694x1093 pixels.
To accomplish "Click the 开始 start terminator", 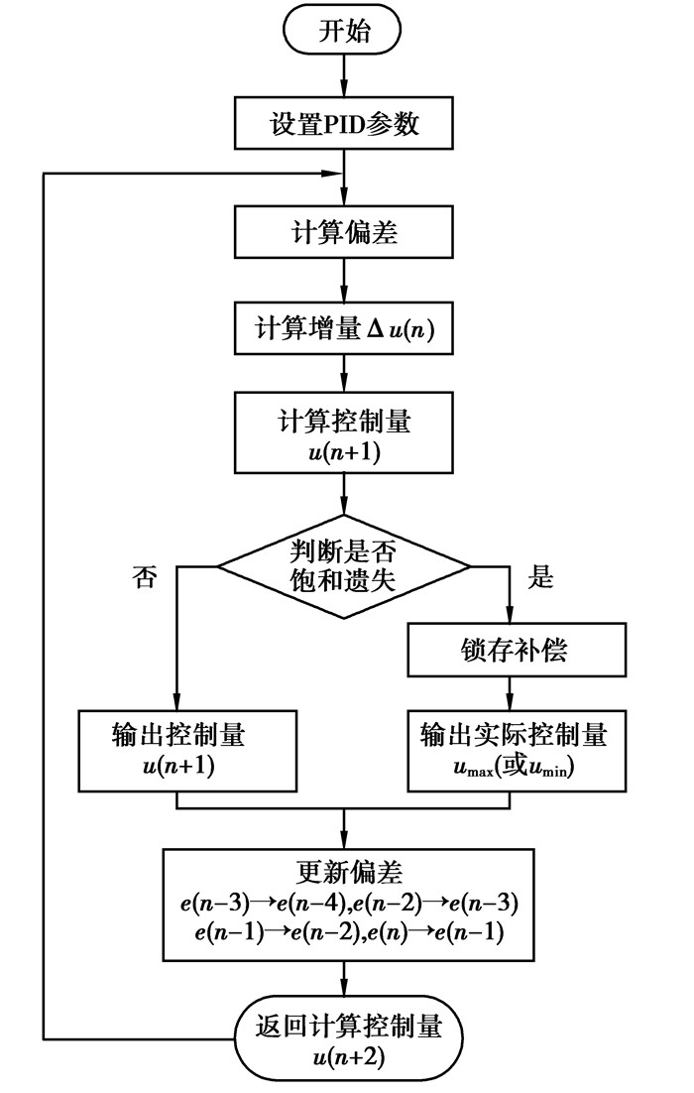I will click(343, 32).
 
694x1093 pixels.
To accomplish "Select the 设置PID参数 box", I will click(343, 125).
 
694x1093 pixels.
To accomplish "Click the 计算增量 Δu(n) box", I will click(343, 328).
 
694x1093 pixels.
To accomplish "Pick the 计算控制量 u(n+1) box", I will click(343, 432).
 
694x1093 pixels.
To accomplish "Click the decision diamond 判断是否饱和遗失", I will click(343, 566).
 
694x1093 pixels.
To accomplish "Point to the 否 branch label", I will click(144, 579).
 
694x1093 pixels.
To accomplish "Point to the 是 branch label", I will click(540, 579).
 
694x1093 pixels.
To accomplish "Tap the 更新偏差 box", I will click(343, 903).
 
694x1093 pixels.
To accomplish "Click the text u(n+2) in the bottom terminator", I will click(343, 1057).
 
